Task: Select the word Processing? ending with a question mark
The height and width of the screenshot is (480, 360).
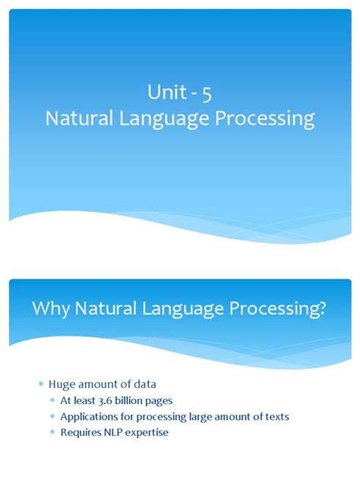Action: point(292,309)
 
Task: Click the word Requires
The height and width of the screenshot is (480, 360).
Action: point(82,433)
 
